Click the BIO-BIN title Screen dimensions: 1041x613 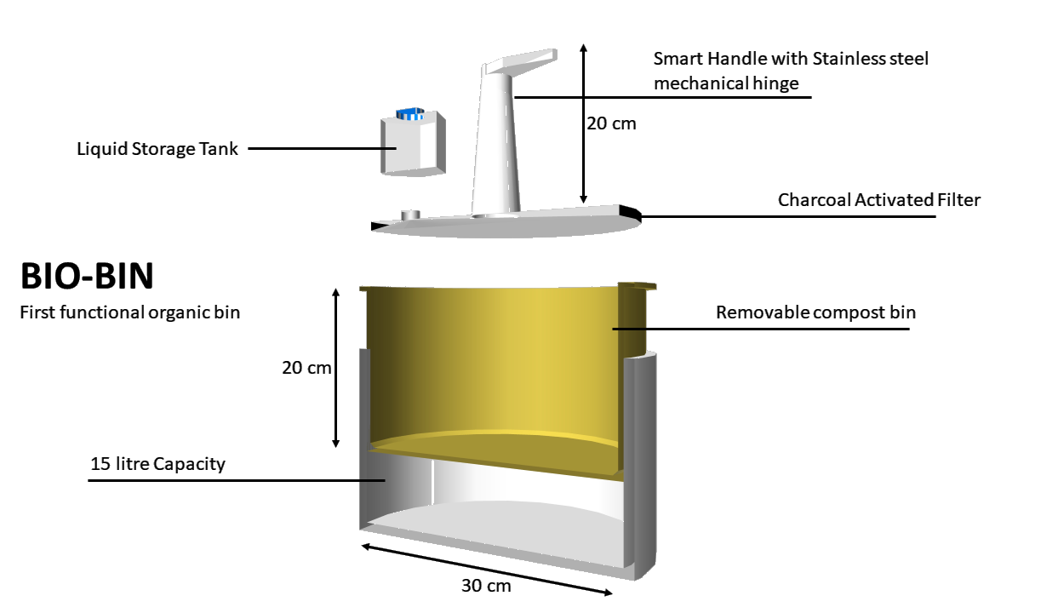[87, 276]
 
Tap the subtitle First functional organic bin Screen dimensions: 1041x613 [129, 312]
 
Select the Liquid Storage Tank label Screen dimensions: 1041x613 [157, 149]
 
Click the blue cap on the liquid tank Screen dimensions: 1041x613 [410, 113]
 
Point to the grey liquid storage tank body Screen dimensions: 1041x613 [413, 144]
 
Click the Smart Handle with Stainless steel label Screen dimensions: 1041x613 [791, 59]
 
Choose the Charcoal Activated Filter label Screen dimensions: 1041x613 [878, 200]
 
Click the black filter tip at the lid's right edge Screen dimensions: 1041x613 [631, 212]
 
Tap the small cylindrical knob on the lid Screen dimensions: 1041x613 [410, 215]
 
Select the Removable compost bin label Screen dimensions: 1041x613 [815, 312]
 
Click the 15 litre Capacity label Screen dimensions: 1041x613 [157, 464]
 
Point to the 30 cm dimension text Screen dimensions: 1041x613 [486, 586]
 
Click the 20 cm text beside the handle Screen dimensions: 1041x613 [611, 123]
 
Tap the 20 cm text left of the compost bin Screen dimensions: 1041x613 [306, 368]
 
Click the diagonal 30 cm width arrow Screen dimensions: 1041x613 [487, 570]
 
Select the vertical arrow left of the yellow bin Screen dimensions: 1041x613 [335, 368]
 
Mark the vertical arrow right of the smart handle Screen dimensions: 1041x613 [584, 123]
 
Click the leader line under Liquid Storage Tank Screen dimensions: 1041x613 [322, 149]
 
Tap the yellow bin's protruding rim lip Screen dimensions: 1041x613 [638, 286]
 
